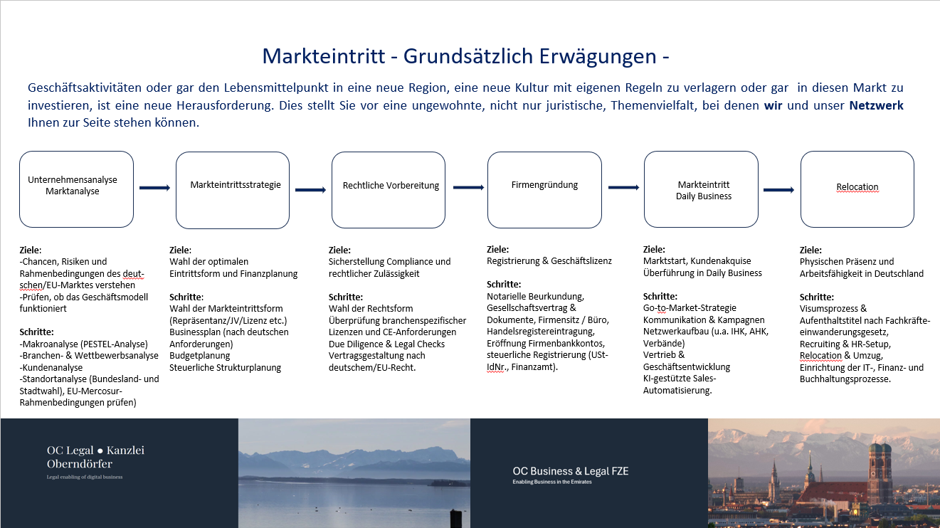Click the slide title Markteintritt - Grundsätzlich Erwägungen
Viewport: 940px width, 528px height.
tap(465, 56)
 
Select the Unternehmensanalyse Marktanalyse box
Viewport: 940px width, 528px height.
tap(76, 189)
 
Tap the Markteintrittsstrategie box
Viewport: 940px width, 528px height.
tap(233, 190)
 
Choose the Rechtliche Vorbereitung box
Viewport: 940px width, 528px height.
tap(389, 190)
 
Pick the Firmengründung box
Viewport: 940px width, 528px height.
tap(544, 190)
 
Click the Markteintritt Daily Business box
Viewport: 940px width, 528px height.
tap(701, 189)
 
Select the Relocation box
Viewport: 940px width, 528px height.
tap(857, 189)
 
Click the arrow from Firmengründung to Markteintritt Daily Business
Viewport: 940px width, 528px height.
tap(623, 187)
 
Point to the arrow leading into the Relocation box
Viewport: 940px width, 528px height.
tap(779, 190)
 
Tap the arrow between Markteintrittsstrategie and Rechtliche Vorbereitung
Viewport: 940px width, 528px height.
tap(310, 190)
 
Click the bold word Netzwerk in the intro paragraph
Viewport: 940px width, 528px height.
tap(876, 105)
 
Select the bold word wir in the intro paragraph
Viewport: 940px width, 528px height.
tap(773, 105)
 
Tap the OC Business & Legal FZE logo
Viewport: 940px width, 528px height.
tap(570, 475)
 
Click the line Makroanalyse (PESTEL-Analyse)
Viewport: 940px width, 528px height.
tap(83, 344)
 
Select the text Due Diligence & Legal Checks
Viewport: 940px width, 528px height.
tap(386, 344)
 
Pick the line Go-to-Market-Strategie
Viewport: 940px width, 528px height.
tap(690, 307)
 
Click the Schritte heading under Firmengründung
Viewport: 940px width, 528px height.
tap(504, 284)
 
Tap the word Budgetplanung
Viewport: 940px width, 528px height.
tap(200, 356)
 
